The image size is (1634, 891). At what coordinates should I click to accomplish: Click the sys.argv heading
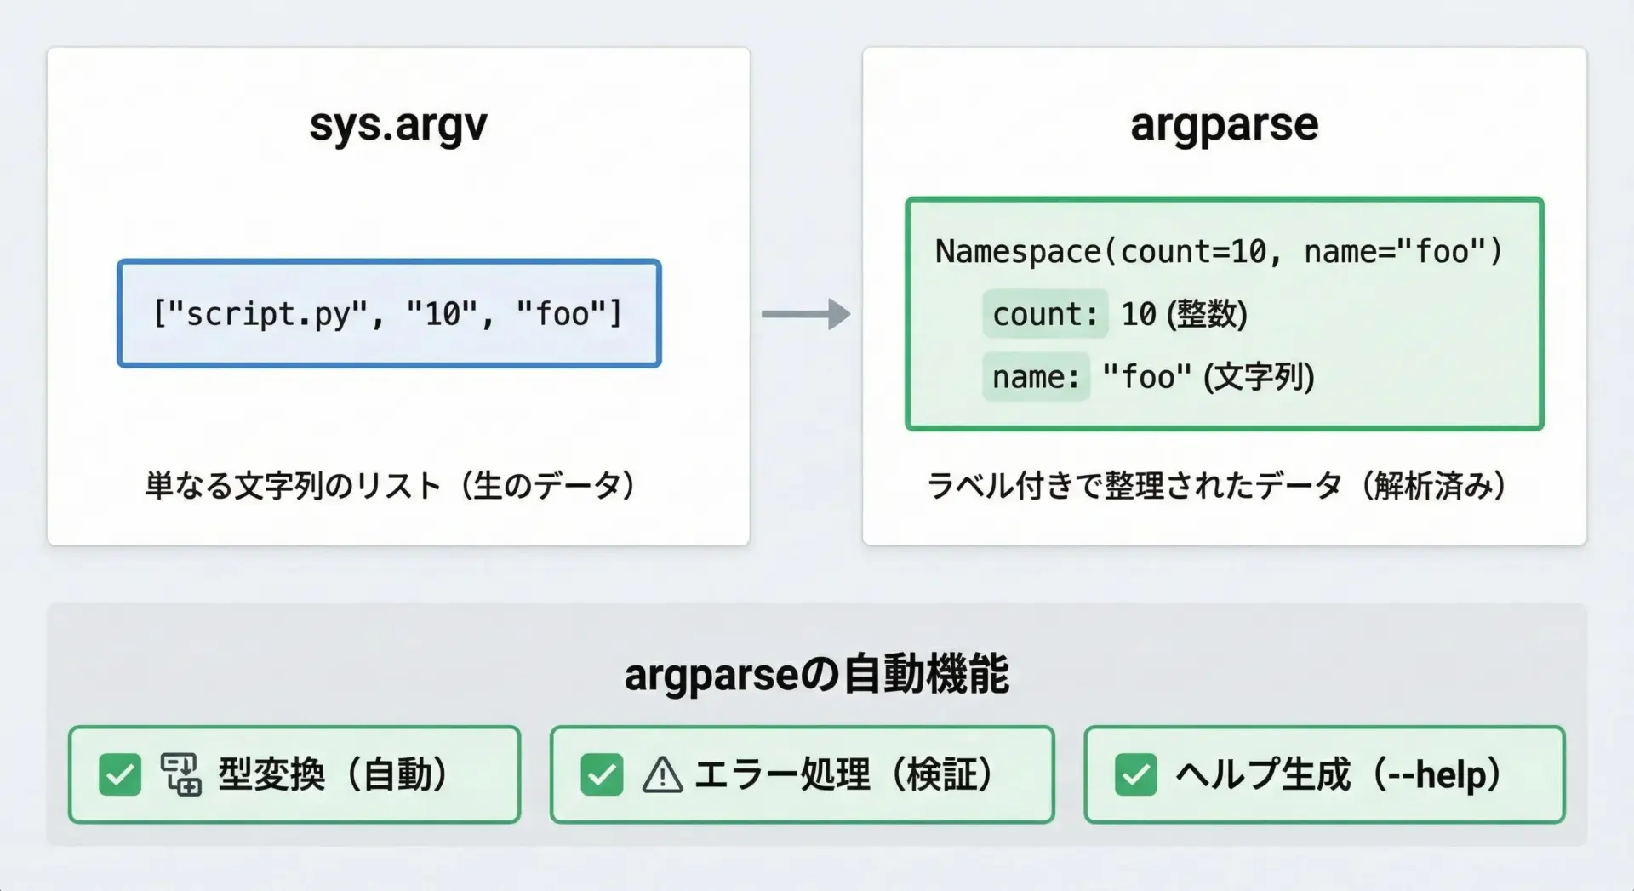tap(398, 126)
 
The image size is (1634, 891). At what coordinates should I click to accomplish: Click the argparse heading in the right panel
tap(1224, 126)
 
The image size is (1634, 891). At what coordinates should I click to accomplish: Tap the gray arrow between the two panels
tap(805, 314)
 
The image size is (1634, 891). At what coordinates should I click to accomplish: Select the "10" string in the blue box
tap(443, 314)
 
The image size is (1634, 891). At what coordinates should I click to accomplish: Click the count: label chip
tap(1045, 314)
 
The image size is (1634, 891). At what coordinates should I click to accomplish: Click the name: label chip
tap(1036, 377)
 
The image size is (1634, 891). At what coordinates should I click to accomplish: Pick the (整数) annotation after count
tap(1207, 314)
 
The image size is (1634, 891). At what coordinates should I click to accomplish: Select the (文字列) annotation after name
tap(1259, 377)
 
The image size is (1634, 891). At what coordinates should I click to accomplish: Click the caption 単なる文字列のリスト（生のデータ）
tap(391, 486)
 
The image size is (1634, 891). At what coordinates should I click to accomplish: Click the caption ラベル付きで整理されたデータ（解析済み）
tap(1217, 486)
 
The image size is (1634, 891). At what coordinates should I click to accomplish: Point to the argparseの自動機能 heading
tap(817, 675)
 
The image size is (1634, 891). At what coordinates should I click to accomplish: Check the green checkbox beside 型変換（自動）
tap(120, 774)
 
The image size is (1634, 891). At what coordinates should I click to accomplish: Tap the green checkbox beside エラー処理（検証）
tap(602, 774)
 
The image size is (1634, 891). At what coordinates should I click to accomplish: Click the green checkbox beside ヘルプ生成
tap(1136, 774)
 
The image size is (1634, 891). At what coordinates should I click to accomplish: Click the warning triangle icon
tap(662, 775)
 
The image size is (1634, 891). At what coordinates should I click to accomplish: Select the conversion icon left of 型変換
tap(180, 774)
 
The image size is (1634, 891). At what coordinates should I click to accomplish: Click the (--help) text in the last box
tap(1437, 775)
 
